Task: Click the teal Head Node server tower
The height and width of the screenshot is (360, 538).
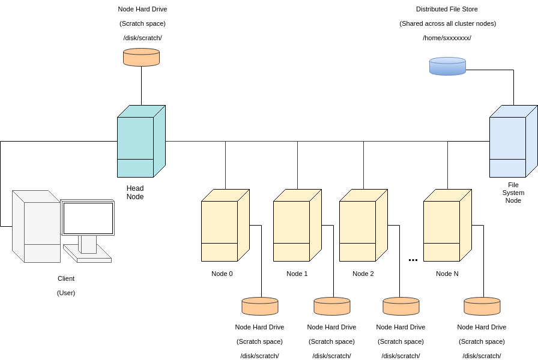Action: coord(139,142)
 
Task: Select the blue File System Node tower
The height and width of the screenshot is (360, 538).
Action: coord(512,142)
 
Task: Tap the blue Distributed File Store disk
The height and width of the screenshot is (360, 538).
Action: coord(447,66)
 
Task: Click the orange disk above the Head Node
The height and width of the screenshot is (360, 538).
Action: coord(141,57)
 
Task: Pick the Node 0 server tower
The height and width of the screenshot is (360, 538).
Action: coord(223,226)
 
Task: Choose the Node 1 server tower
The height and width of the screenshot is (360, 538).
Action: coord(295,226)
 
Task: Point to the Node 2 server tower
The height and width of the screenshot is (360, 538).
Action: coord(361,226)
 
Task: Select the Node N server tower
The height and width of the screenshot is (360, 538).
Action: coord(446,226)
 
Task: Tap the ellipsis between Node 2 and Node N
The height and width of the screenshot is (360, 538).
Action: coord(413,260)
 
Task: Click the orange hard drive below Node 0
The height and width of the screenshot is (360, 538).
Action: coord(259,306)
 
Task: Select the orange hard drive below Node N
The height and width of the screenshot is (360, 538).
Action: coord(482,306)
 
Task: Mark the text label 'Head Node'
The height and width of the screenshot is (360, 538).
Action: coord(135,192)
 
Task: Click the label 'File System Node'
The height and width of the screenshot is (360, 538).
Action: coord(513,193)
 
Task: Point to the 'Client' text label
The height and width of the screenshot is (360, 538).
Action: coord(66,278)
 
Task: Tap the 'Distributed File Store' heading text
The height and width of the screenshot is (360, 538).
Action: coord(447,9)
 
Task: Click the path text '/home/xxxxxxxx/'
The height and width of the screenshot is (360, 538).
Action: coord(447,38)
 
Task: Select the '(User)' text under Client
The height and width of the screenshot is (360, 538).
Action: coord(66,293)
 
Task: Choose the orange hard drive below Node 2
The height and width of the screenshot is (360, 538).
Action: coord(400,306)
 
